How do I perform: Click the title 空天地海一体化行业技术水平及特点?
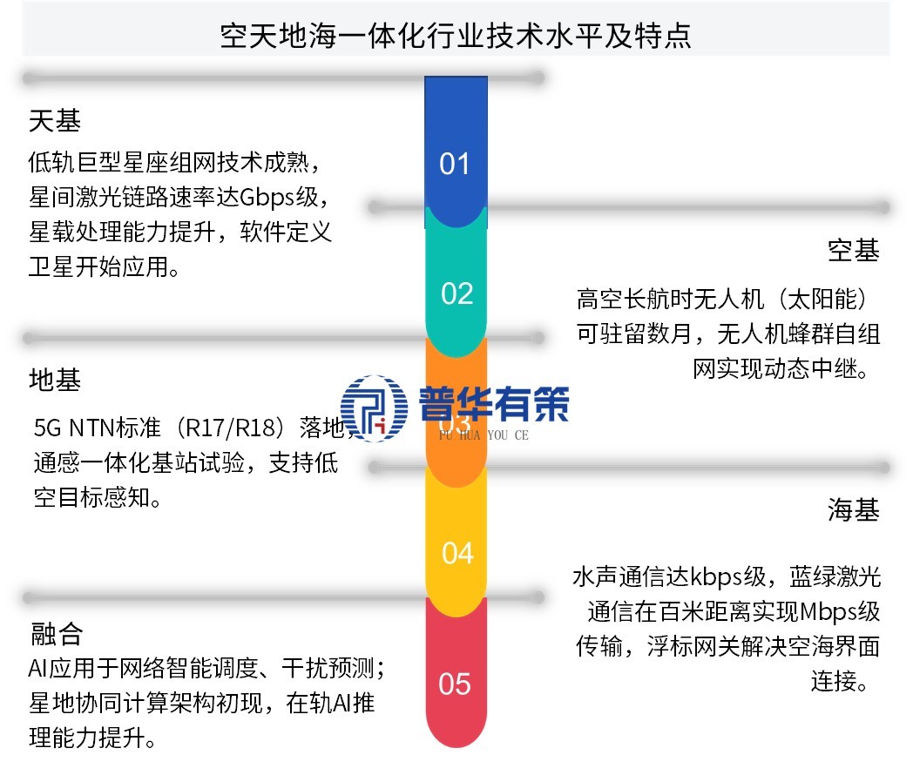[456, 37]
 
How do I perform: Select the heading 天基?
[54, 121]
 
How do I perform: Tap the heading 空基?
[853, 251]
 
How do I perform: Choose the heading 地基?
[54, 381]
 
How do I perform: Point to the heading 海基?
[853, 510]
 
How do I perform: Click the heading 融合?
[54, 633]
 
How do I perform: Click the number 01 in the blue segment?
[455, 164]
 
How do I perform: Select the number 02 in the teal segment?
[456, 293]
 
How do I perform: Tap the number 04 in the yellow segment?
[456, 553]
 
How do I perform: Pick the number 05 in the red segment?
[455, 684]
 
